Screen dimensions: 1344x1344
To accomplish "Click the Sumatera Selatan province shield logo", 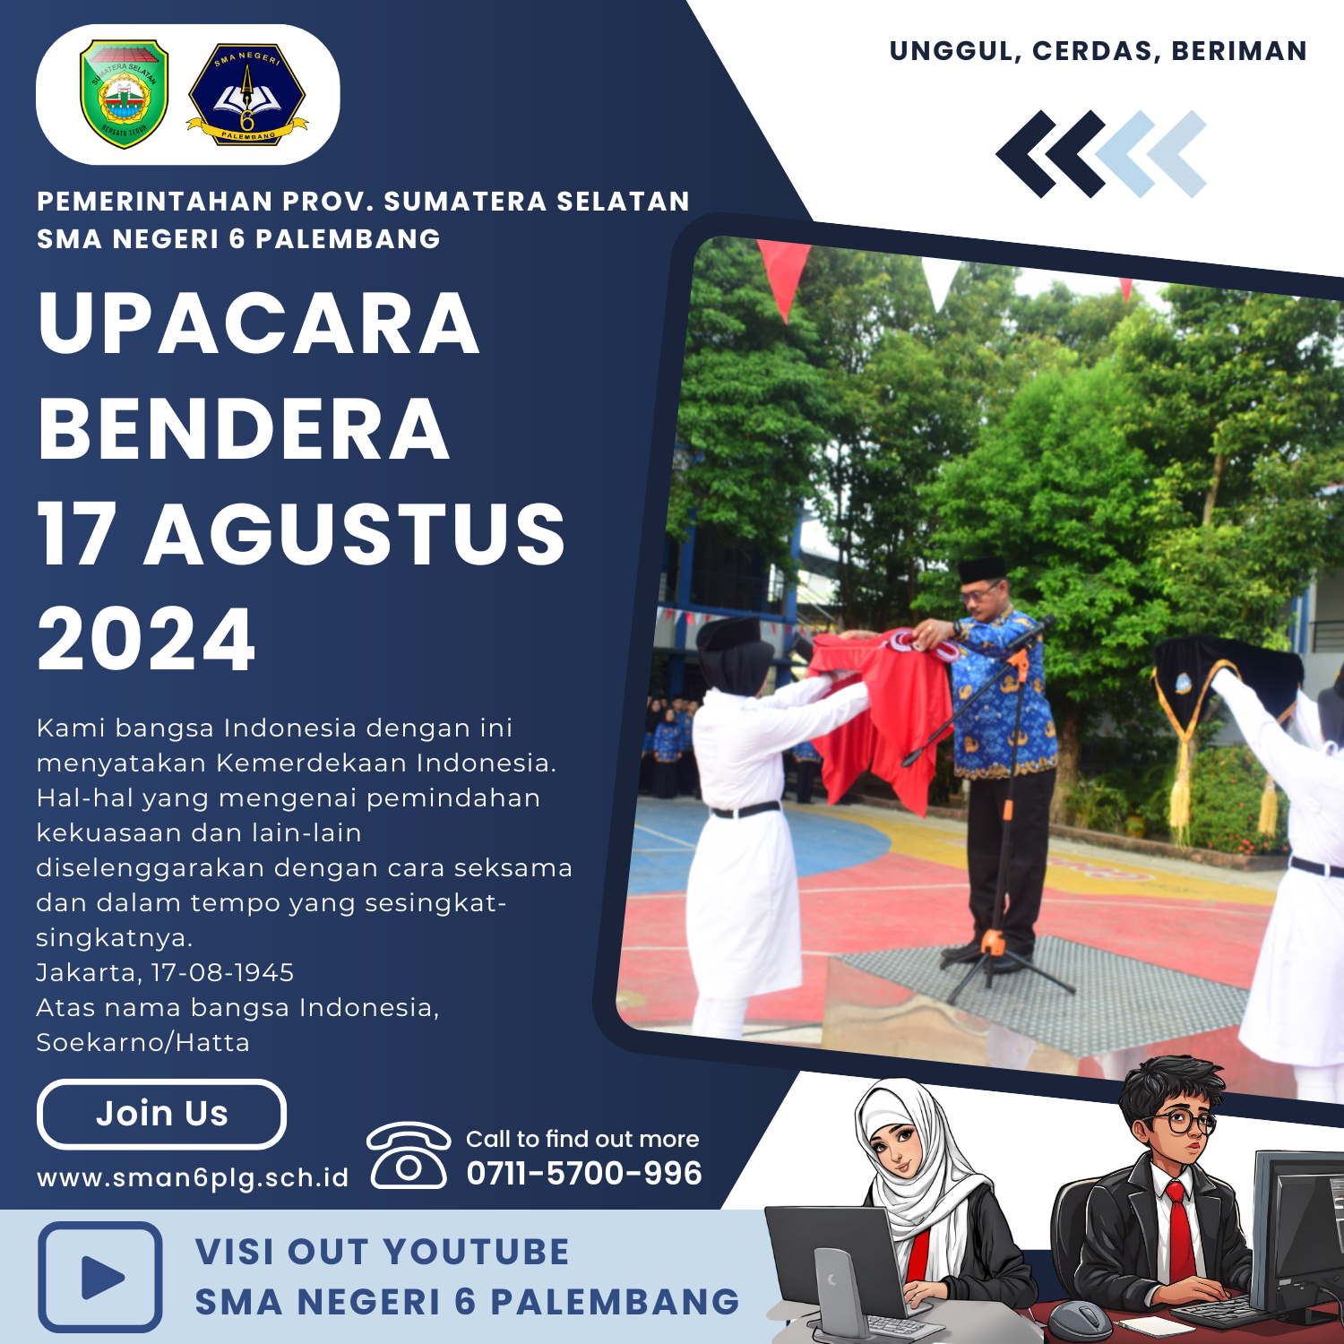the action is point(125,93).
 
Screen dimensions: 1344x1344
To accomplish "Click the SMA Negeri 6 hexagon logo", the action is point(247,94).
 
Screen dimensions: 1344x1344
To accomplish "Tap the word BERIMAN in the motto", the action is point(1239,51).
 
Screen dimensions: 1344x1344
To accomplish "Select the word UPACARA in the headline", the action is point(259,323).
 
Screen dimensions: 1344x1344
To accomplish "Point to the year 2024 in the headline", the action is point(146,639).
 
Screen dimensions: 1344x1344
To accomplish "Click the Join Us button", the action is point(161,1114).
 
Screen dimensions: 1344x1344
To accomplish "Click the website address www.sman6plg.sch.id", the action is point(193,1177).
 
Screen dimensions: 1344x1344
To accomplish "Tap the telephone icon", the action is point(409,1155).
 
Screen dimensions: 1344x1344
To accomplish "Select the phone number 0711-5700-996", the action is point(584,1173).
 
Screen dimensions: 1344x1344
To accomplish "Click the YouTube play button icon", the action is point(100,1277).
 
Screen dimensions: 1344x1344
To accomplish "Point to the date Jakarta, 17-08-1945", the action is point(165,973).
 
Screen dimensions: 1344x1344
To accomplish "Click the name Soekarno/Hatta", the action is point(142,1043).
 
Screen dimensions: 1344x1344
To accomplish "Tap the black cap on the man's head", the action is point(983,569).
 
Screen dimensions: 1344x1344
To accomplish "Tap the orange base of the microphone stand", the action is point(992,942).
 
